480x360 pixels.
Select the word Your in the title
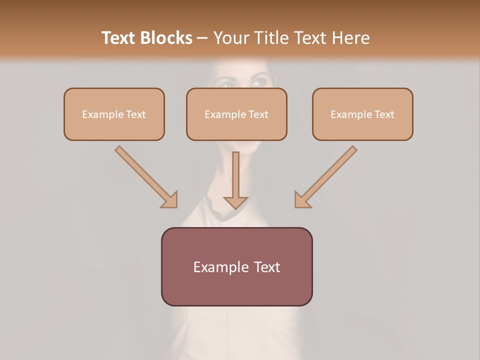(x=230, y=38)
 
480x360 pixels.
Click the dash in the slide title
(x=202, y=38)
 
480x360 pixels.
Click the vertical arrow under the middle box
(x=235, y=175)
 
